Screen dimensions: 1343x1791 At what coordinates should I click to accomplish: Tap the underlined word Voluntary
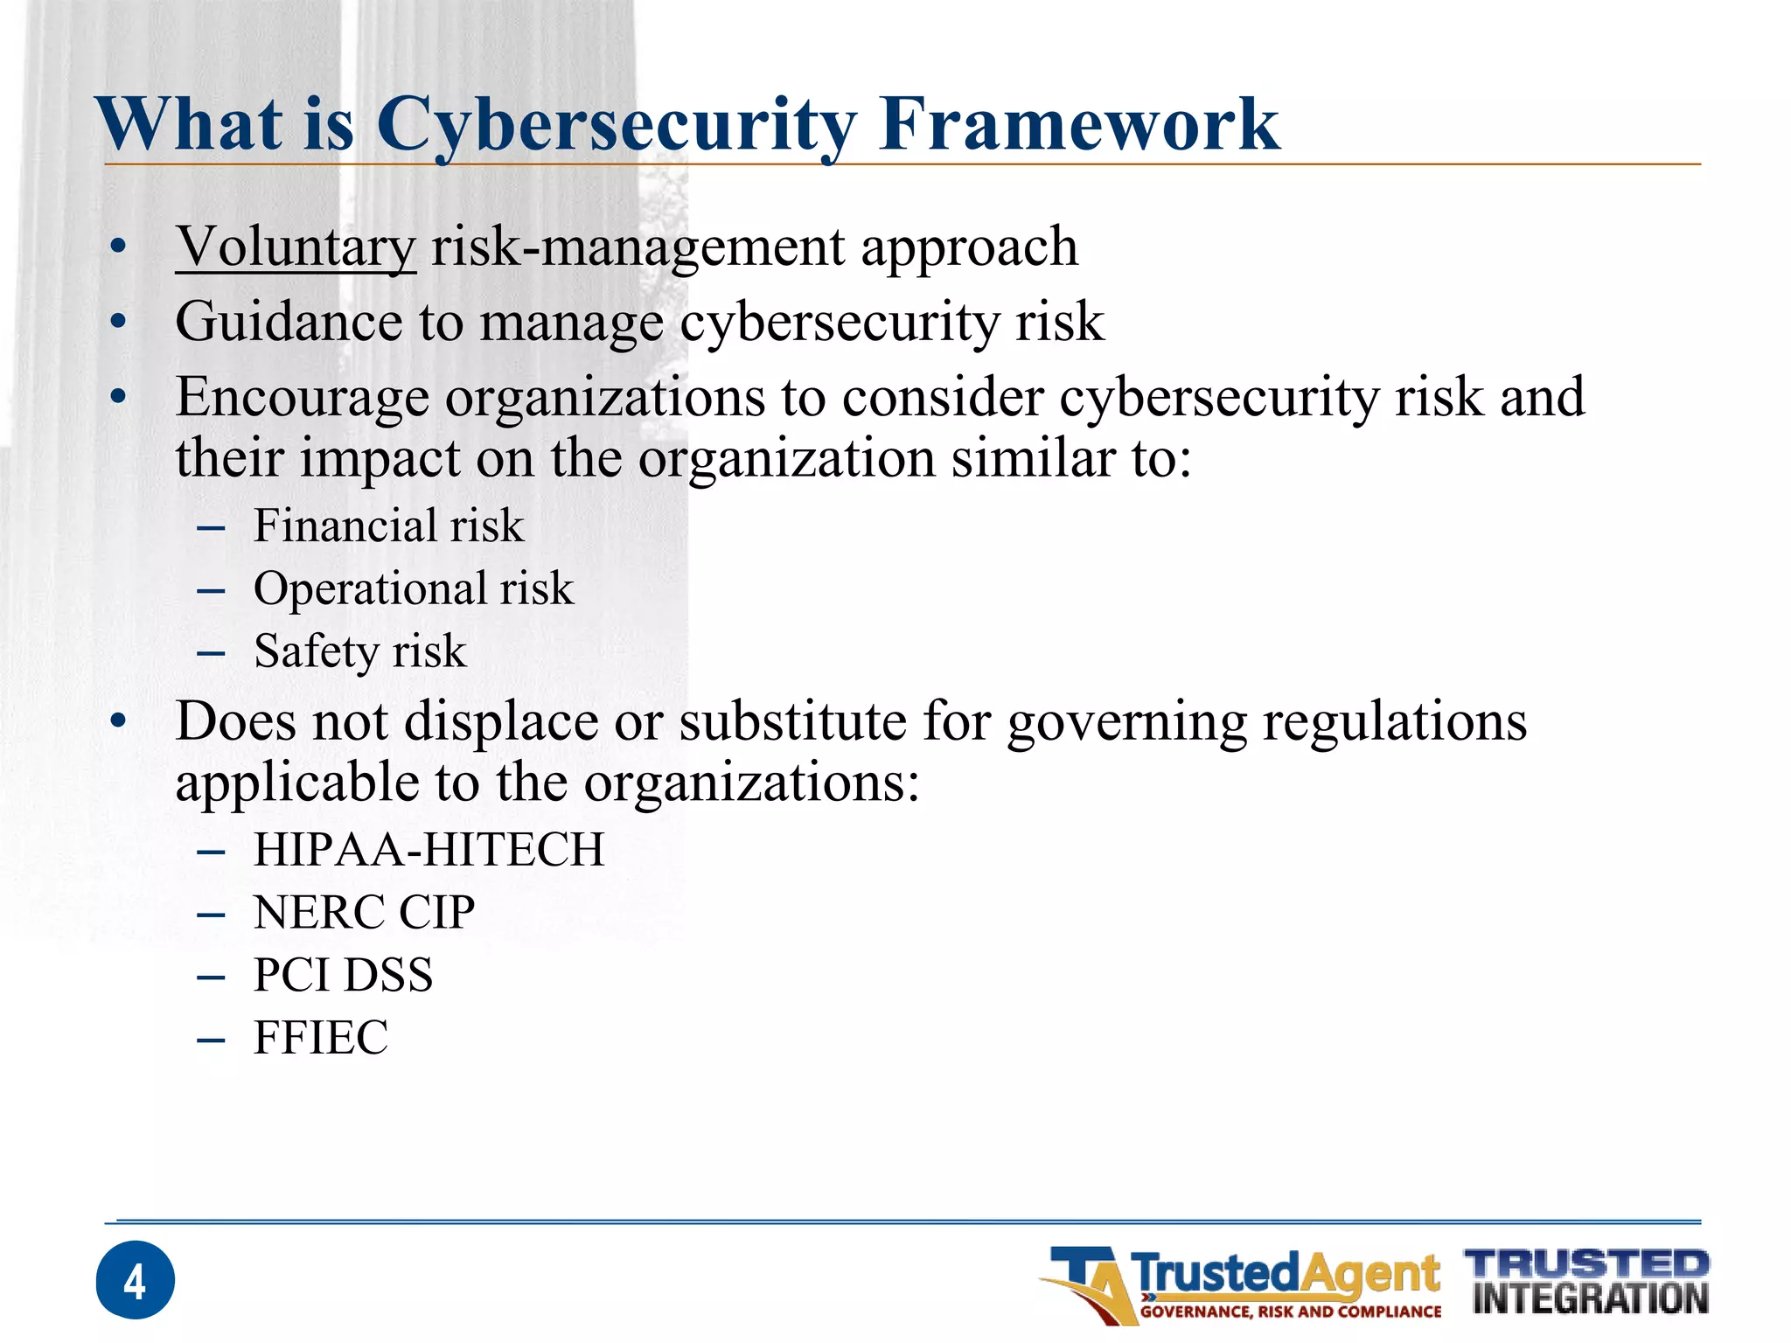(296, 247)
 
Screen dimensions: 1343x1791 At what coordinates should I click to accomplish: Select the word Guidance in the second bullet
(289, 322)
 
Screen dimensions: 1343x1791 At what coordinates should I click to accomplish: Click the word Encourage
(303, 398)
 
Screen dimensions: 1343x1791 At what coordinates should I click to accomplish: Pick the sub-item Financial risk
(388, 525)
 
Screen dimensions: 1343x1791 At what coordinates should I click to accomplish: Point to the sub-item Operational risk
(413, 588)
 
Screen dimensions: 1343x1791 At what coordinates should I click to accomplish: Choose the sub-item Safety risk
(359, 651)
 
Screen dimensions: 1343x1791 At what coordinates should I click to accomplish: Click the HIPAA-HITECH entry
(429, 850)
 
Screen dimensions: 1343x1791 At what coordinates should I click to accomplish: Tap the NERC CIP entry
(364, 913)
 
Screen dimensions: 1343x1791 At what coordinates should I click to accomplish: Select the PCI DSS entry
(343, 975)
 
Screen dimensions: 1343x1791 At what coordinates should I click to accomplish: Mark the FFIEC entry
(320, 1038)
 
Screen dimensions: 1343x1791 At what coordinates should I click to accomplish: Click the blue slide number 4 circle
(135, 1280)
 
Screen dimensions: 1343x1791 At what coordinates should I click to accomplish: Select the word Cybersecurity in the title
(617, 124)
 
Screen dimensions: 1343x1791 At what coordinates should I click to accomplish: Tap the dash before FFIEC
(212, 1040)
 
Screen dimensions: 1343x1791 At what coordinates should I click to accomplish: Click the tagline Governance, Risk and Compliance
(1290, 1312)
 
